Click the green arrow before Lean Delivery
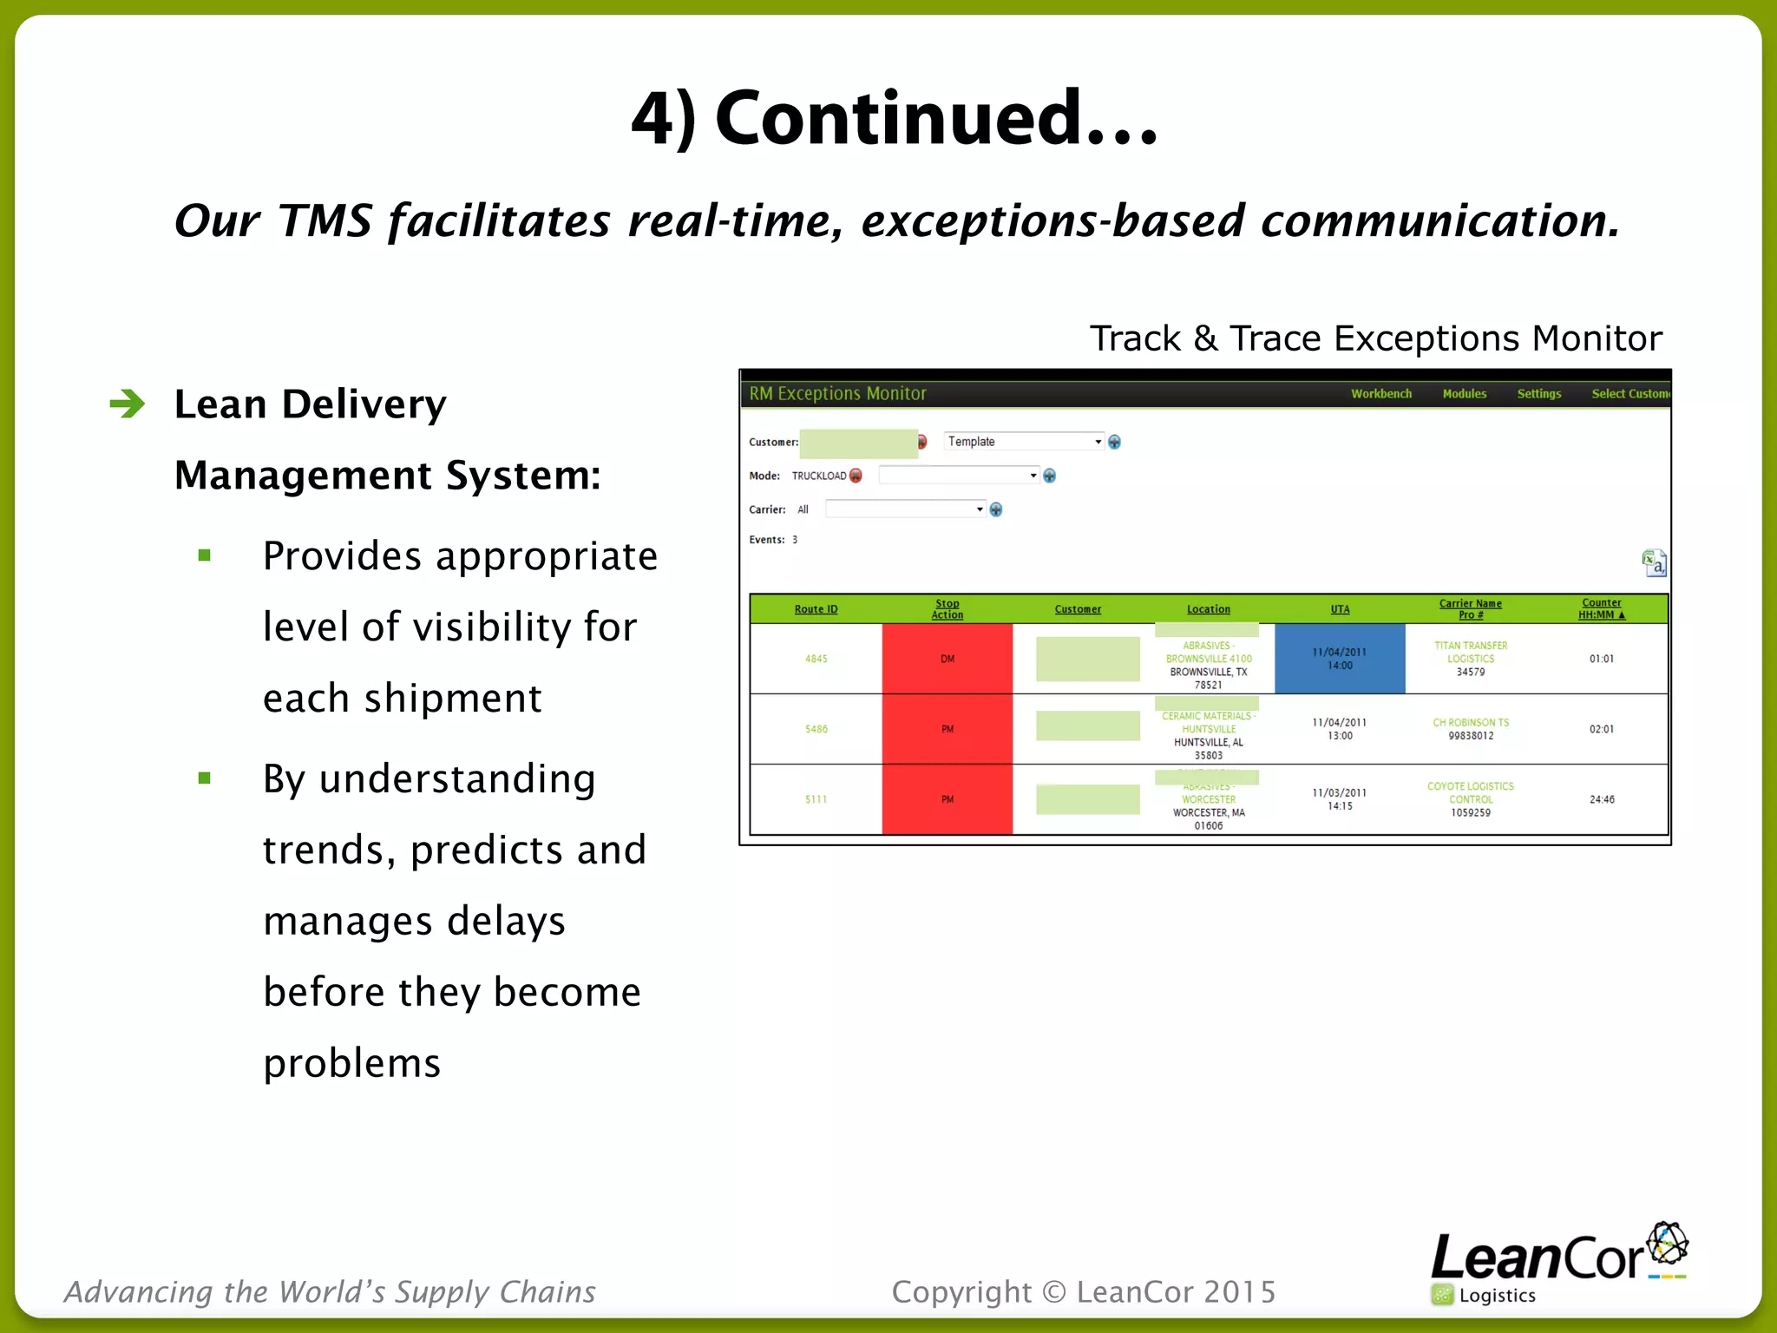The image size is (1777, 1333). (128, 404)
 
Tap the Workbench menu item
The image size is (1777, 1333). (1380, 394)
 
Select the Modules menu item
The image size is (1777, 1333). (1464, 394)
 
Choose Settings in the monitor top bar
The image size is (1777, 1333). (1538, 394)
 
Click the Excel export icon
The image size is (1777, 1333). (1654, 563)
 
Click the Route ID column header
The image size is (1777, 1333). (816, 609)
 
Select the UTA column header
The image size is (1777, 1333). (1340, 609)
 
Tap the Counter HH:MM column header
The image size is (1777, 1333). (1601, 609)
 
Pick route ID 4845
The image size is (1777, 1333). (816, 659)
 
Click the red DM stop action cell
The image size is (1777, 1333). (947, 659)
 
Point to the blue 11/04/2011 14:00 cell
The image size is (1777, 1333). (1339, 659)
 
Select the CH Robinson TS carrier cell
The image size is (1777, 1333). (1470, 729)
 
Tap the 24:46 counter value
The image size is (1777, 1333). (1602, 799)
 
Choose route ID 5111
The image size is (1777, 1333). (816, 799)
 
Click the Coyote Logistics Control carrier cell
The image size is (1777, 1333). (1470, 799)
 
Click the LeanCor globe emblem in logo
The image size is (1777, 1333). (1667, 1244)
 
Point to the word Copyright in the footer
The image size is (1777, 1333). (961, 1292)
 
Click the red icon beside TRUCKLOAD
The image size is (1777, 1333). (856, 476)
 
